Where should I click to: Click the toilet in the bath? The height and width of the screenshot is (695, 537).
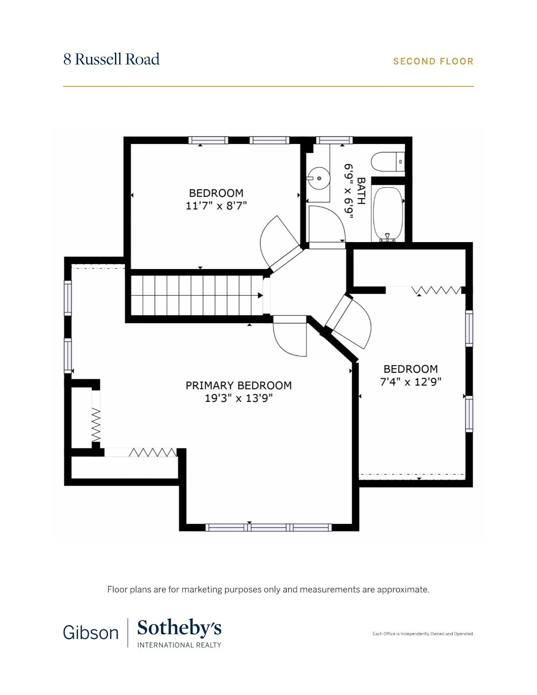[x=387, y=162]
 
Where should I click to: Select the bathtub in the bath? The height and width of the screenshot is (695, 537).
[x=388, y=213]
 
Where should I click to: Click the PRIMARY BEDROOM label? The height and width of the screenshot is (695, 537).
[x=238, y=385]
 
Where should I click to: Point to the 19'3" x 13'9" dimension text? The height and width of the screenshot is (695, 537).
[x=238, y=398]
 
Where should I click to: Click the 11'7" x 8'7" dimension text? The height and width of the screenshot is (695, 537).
[x=216, y=206]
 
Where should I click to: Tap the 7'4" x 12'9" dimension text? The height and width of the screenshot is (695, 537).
[x=411, y=382]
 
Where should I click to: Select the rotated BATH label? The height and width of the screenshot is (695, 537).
[x=361, y=191]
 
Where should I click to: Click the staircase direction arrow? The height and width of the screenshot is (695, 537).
[x=260, y=295]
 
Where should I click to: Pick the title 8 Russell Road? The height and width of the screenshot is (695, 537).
[x=111, y=59]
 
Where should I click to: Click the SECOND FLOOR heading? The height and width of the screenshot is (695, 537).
[x=433, y=61]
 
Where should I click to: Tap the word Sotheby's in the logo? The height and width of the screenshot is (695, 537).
[x=179, y=628]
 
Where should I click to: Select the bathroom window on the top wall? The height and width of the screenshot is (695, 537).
[x=334, y=140]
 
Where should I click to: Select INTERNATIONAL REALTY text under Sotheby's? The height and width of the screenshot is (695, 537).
[x=179, y=645]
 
